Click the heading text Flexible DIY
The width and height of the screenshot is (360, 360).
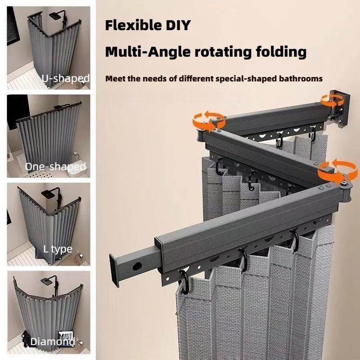(x=148, y=25)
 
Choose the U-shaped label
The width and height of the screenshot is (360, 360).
(x=65, y=78)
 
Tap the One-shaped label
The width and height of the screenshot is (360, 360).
(x=55, y=166)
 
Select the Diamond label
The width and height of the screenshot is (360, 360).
(x=52, y=342)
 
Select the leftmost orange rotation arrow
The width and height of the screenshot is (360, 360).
(x=208, y=121)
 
